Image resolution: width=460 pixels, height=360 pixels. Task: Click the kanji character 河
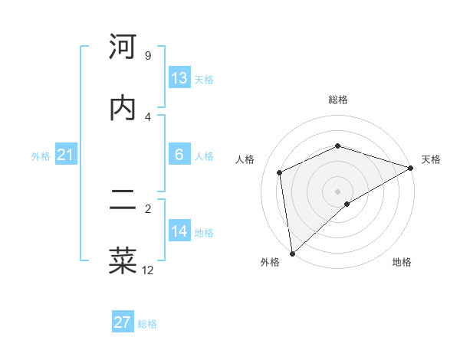[123, 47]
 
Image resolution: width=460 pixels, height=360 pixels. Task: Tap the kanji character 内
[123, 108]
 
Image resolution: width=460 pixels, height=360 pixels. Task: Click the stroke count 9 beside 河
[147, 56]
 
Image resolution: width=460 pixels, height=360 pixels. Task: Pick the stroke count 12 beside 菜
[148, 270]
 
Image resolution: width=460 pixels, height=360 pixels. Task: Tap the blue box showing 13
[179, 78]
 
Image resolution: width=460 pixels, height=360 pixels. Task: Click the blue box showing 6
[179, 155]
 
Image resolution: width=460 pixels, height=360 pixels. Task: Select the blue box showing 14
[179, 231]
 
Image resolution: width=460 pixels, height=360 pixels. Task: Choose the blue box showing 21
[66, 155]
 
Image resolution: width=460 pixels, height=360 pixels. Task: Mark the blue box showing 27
[123, 322]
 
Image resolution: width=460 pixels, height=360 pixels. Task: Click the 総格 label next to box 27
[147, 324]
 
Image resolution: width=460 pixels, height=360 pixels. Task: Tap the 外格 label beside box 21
[41, 156]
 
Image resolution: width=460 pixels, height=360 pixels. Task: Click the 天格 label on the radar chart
[431, 159]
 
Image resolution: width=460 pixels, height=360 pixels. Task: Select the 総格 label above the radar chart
[338, 100]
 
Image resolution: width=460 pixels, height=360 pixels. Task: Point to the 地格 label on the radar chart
[402, 263]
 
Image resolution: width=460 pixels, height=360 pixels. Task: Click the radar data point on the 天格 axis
[411, 168]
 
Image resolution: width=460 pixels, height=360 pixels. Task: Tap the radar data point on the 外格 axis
[292, 254]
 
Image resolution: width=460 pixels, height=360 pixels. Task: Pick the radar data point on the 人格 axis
[280, 172]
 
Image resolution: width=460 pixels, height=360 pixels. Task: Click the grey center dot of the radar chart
[338, 191]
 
